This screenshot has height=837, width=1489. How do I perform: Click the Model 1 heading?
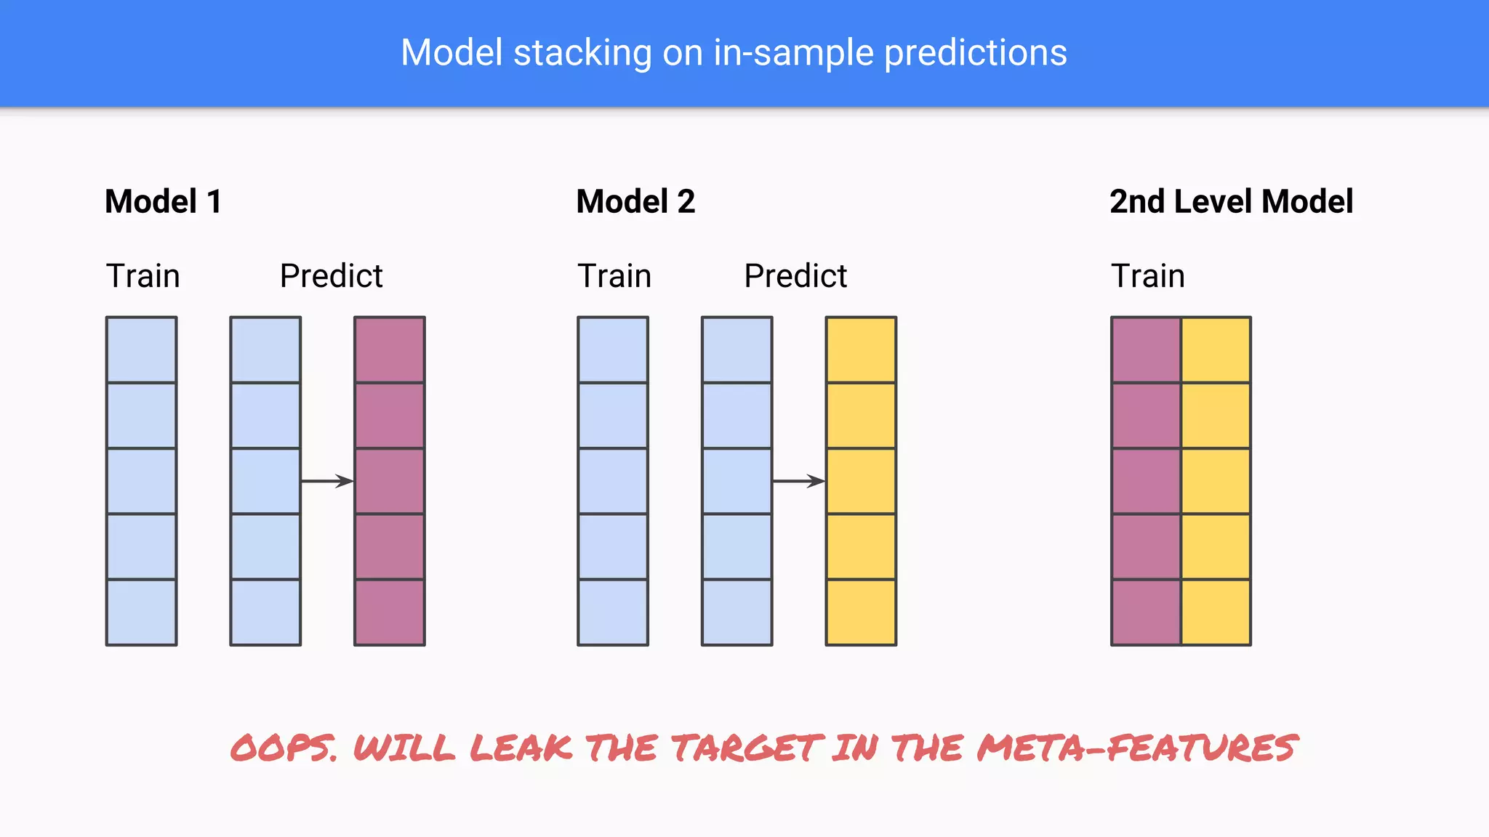163,201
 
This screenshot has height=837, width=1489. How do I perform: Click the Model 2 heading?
635,201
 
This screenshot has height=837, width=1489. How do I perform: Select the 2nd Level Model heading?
1231,201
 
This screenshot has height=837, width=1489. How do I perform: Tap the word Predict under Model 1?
331,276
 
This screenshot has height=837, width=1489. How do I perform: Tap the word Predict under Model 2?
795,276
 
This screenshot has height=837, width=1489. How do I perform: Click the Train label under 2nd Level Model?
1147,276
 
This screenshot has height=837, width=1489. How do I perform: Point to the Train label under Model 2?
614,276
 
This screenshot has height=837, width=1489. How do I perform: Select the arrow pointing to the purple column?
327,481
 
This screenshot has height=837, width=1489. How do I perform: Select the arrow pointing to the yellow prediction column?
798,481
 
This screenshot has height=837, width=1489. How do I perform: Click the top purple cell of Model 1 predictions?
390,349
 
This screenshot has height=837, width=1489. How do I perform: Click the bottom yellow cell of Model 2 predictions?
861,612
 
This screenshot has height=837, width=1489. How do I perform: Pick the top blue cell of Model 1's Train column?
141,349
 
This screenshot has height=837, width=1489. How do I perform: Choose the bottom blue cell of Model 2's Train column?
613,612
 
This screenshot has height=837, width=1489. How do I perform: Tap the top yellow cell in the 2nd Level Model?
1216,349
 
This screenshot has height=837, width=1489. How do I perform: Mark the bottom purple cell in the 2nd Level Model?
1147,612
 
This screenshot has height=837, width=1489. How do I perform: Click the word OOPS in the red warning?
284,748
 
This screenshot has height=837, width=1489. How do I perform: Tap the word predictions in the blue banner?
975,53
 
